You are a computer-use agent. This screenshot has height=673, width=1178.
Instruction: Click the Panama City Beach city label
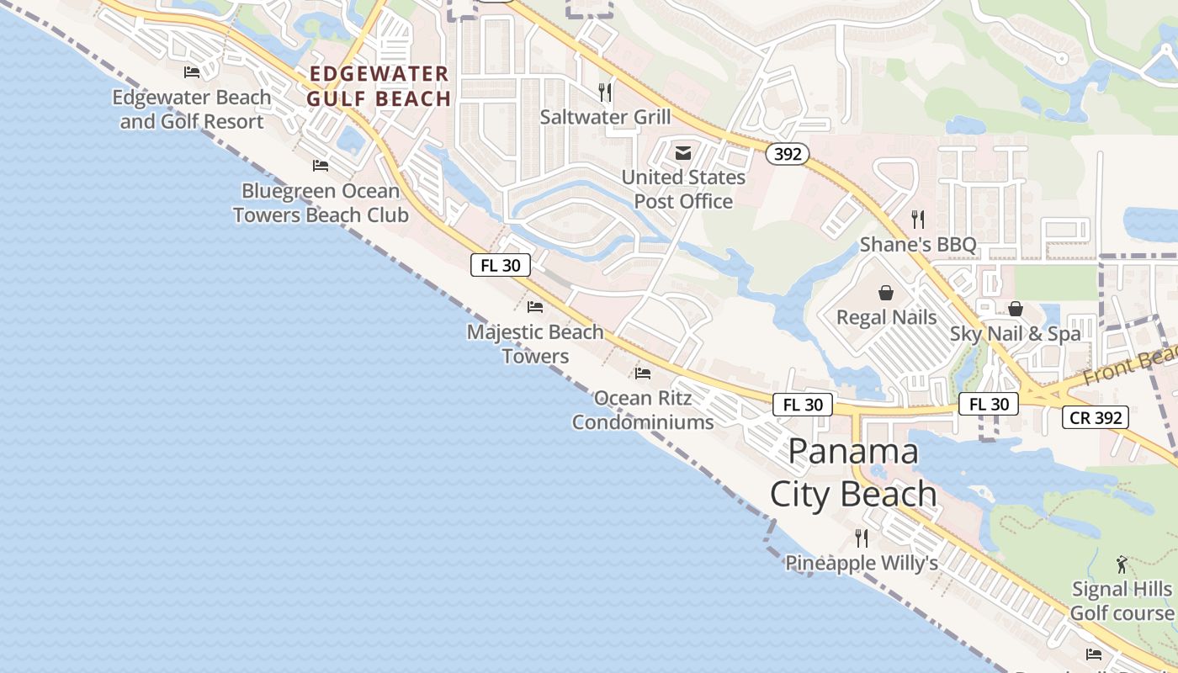click(853, 472)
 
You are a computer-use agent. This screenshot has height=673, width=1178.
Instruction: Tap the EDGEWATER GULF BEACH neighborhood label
click(379, 87)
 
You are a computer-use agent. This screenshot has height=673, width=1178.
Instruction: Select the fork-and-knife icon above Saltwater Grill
click(605, 92)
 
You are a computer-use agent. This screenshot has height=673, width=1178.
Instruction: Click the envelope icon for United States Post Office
click(683, 153)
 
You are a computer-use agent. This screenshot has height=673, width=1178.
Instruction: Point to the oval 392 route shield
click(788, 154)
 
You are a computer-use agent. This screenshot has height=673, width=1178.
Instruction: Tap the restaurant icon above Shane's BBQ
click(918, 220)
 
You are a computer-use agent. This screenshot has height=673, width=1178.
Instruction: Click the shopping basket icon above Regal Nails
click(886, 293)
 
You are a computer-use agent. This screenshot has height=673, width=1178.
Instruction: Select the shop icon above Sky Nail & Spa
click(1016, 309)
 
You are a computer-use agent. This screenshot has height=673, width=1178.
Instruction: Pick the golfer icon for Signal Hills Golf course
click(1121, 564)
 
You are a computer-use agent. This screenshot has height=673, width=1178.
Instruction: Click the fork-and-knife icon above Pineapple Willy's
click(862, 538)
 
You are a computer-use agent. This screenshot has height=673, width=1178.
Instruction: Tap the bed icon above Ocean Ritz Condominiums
click(643, 373)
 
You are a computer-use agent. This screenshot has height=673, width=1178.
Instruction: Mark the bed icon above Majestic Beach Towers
click(535, 306)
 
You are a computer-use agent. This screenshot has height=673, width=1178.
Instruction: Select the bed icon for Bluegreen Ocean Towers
click(320, 165)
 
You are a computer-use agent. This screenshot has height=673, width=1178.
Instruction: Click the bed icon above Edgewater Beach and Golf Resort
click(192, 72)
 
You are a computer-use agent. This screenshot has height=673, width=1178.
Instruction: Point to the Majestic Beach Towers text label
click(535, 344)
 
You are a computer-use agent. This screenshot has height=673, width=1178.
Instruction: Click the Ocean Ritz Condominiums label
click(643, 410)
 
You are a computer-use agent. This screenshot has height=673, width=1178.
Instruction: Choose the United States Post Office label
click(683, 189)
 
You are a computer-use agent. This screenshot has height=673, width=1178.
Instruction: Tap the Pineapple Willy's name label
click(862, 563)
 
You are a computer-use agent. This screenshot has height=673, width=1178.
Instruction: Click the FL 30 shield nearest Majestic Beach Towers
click(501, 265)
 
